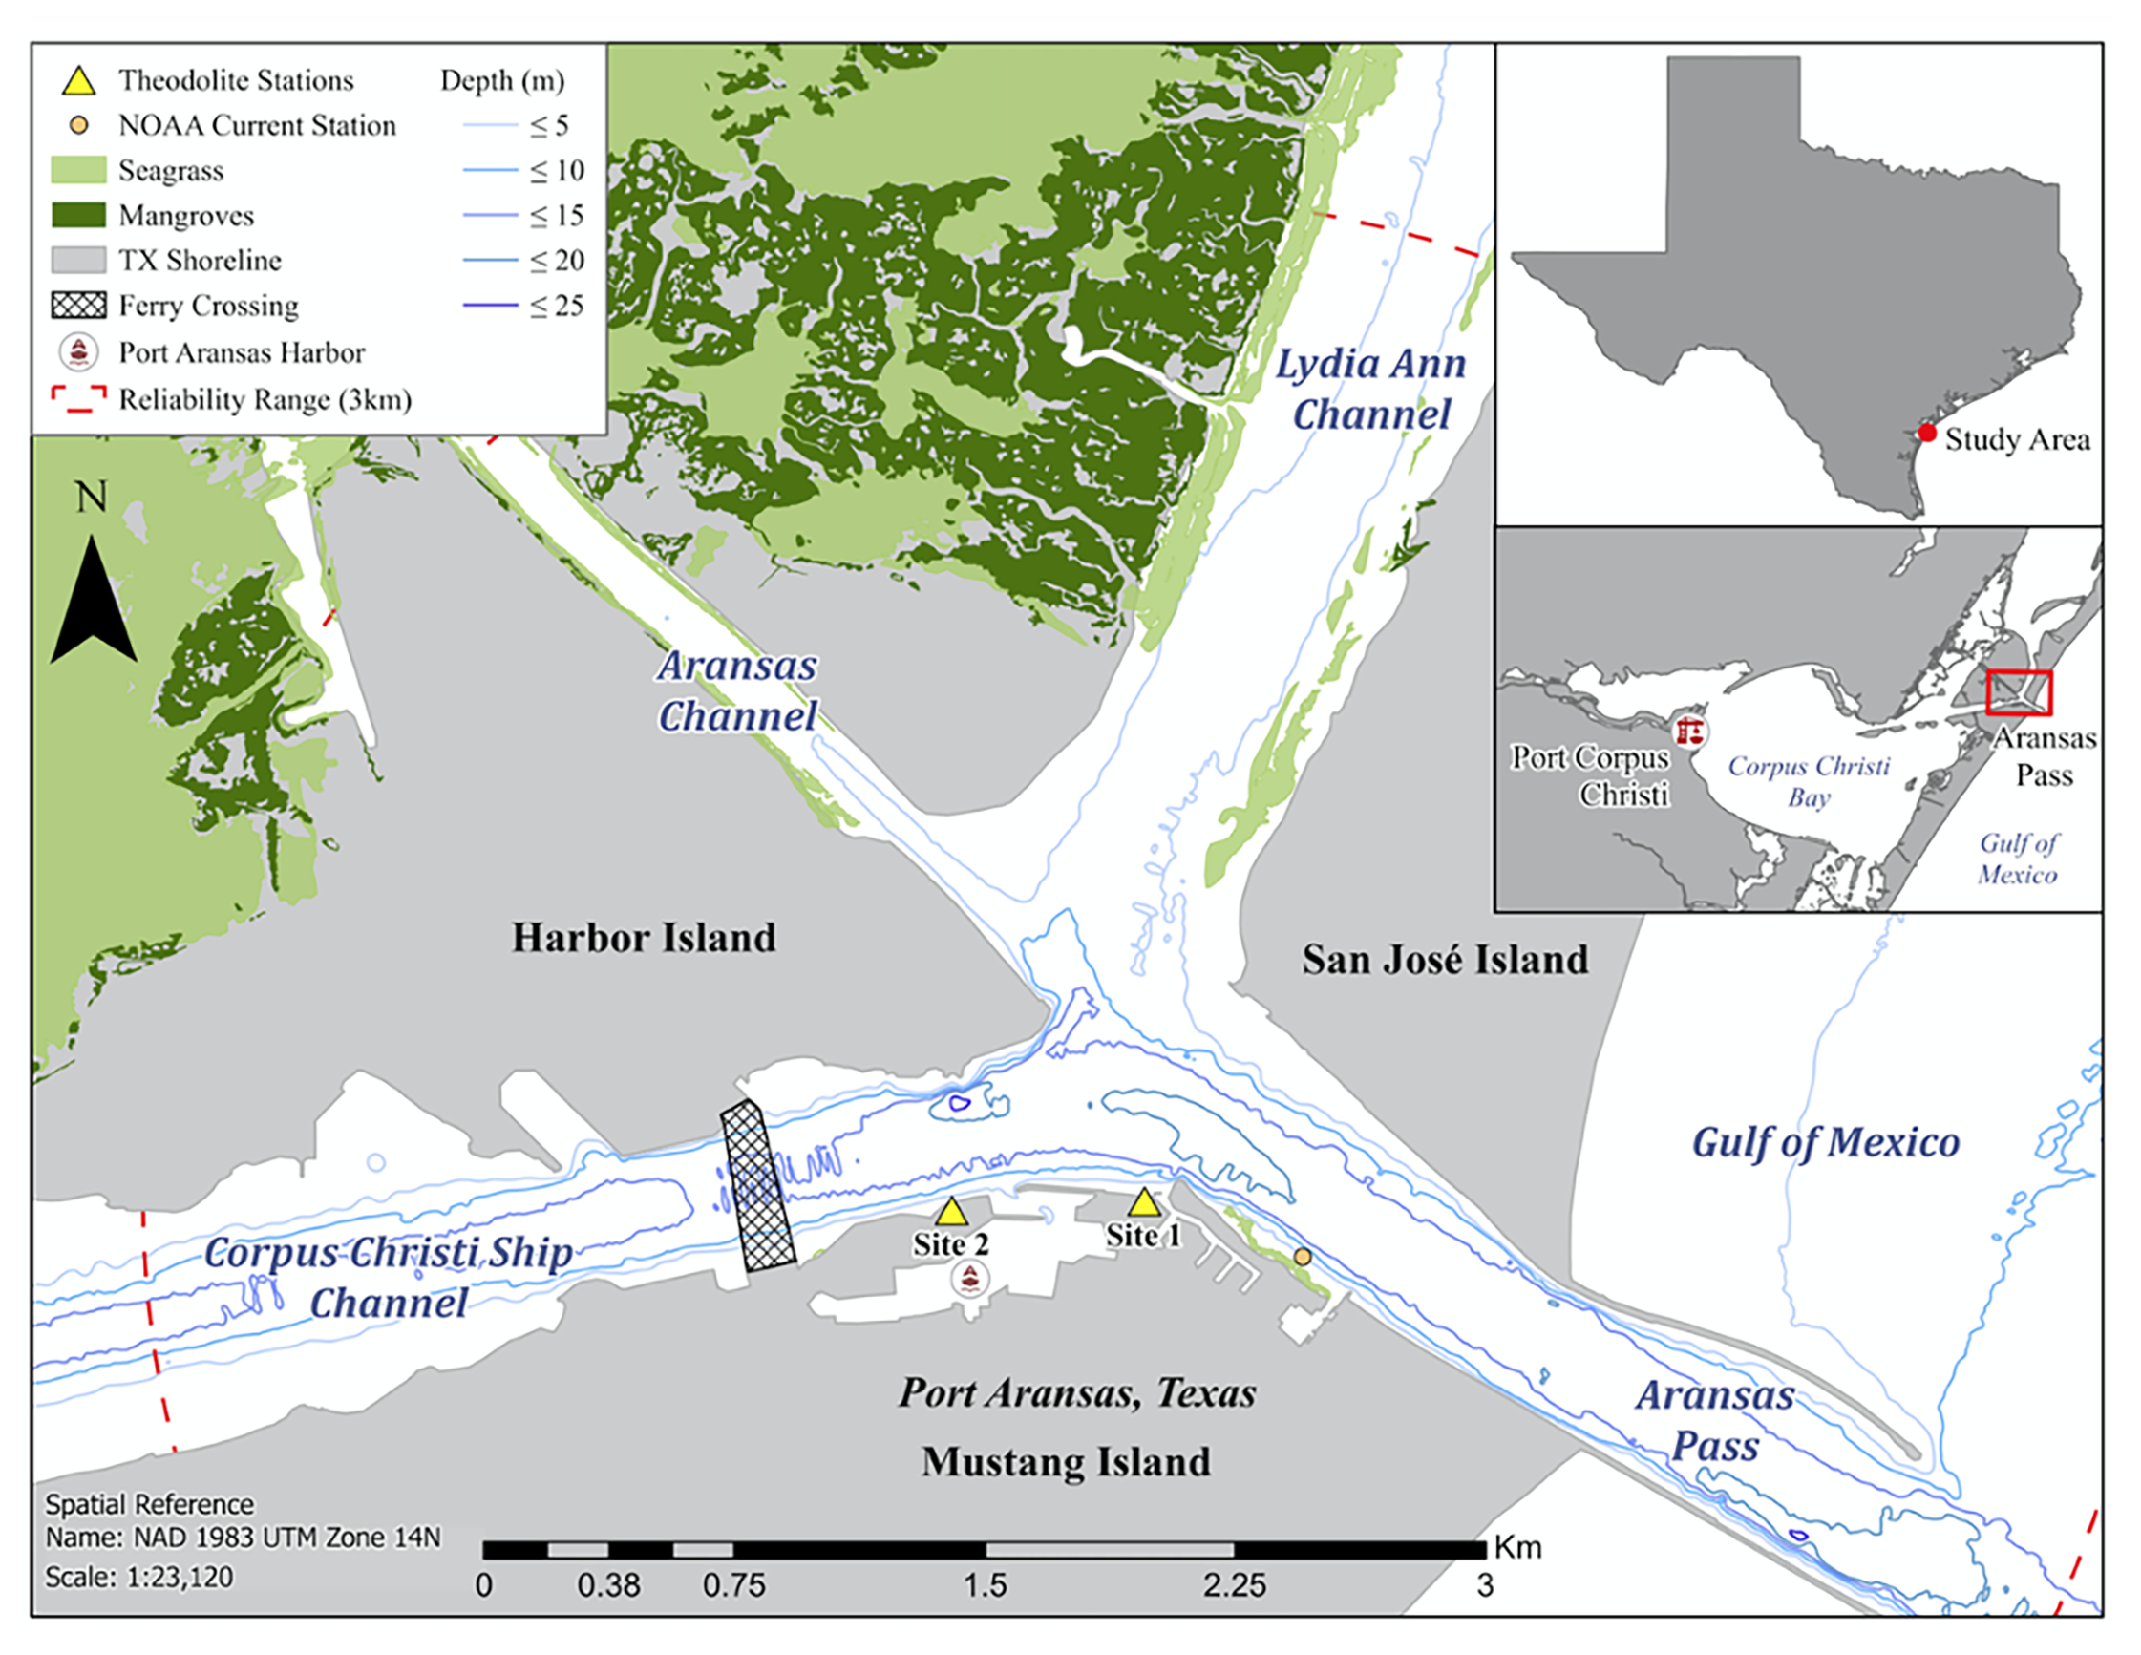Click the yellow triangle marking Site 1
pos(1143,1204)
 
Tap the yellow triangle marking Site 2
pos(951,1213)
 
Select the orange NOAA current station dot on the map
pos(1302,1257)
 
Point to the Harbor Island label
pos(643,939)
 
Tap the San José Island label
pos(1445,960)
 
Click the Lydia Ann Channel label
pos(1370,390)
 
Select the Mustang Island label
pos(1066,1462)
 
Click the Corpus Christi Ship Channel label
pos(389,1278)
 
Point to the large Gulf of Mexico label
pos(1825,1143)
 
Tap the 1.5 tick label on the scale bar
pos(985,1585)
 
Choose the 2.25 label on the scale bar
pos(1234,1585)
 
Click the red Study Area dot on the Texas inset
pos(1927,433)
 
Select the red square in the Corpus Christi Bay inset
pos(2019,693)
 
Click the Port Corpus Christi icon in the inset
pos(1689,732)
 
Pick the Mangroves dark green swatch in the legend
pos(78,215)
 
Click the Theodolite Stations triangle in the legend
pos(78,81)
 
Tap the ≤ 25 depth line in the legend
pos(490,306)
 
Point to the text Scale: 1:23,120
pos(139,1578)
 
